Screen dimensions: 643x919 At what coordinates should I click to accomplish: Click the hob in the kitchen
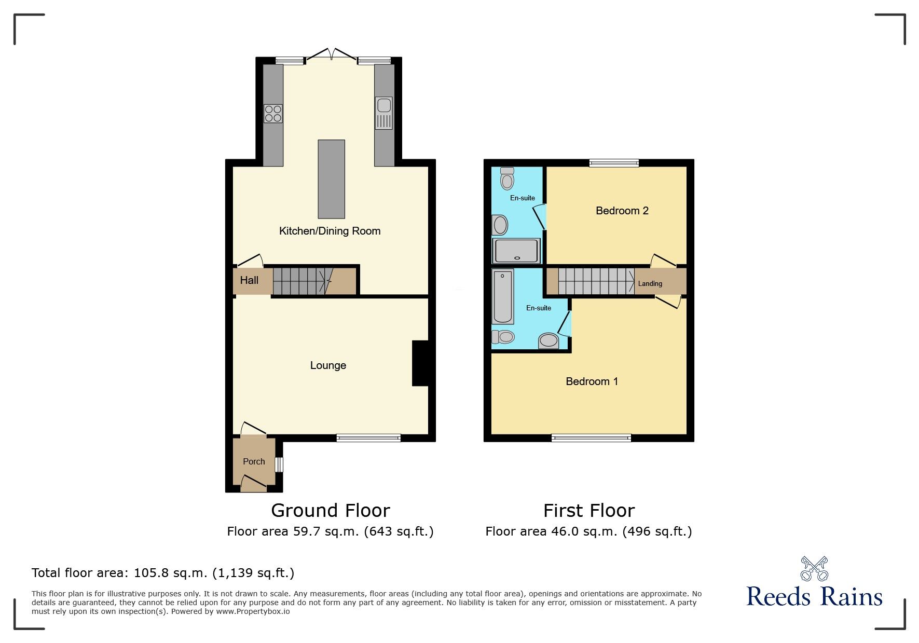(273, 113)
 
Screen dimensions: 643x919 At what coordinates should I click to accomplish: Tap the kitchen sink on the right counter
(384, 113)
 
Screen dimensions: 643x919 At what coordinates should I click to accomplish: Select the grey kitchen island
(331, 179)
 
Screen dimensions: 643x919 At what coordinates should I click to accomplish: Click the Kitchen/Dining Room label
(330, 231)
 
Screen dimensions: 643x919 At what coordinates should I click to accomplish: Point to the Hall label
(249, 280)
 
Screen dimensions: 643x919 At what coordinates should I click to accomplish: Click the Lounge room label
(328, 365)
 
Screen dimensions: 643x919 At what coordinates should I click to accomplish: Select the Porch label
(254, 461)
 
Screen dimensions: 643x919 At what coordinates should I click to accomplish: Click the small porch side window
(279, 464)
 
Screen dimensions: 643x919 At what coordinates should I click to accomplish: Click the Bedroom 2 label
(622, 211)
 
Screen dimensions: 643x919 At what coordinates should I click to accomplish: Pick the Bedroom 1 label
(592, 381)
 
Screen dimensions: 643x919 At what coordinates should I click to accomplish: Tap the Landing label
(650, 283)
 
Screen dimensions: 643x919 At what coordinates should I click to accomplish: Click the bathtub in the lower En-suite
(502, 296)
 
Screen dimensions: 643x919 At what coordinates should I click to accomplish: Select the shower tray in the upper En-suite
(517, 251)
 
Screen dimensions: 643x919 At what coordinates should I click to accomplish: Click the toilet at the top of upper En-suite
(507, 179)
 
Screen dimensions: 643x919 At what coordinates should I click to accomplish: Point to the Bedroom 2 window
(614, 163)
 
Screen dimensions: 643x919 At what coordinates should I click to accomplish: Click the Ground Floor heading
(330, 511)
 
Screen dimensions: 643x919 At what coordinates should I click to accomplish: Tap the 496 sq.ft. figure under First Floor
(657, 531)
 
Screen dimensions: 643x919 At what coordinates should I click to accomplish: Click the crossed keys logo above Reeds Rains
(814, 568)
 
